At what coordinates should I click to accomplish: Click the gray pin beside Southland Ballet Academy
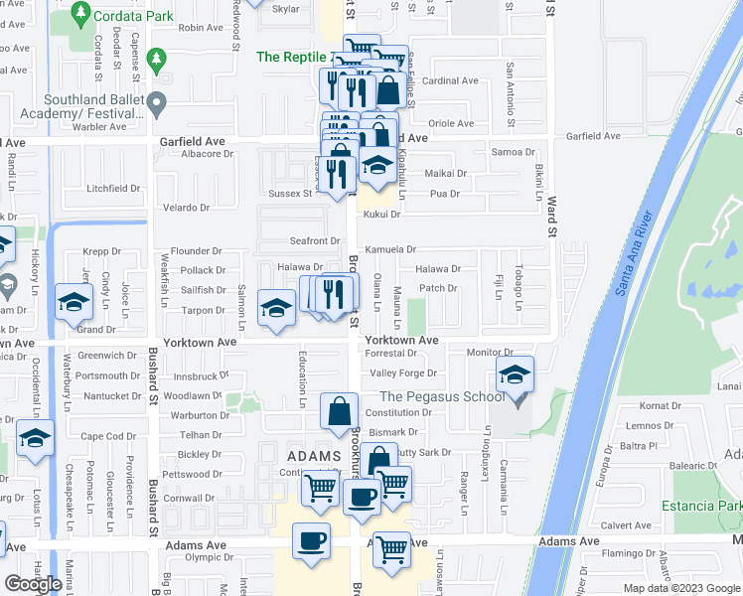[156, 103]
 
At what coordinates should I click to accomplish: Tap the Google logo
[33, 583]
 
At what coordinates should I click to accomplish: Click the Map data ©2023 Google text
[680, 588]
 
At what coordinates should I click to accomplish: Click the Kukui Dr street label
[380, 215]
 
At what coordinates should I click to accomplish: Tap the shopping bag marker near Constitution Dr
[340, 410]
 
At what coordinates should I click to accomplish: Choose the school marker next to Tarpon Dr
[276, 307]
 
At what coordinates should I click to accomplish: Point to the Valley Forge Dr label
[403, 373]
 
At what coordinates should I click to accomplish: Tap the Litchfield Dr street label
[113, 188]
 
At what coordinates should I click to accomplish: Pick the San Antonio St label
[510, 95]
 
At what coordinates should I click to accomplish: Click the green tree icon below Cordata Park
[157, 61]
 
